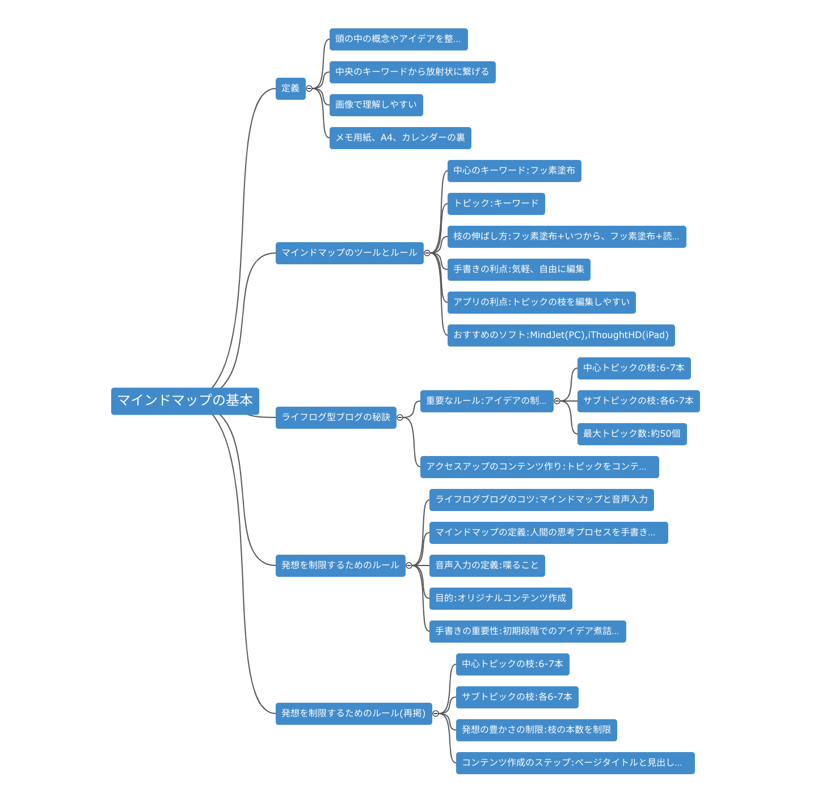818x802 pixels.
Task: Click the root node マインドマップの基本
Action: [x=185, y=401]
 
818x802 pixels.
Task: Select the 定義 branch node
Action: [x=290, y=88]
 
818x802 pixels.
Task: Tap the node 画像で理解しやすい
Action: [x=376, y=105]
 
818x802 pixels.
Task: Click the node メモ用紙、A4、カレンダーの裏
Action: [x=400, y=138]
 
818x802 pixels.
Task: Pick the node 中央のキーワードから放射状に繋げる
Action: [x=412, y=72]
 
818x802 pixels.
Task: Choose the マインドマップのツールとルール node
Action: [x=349, y=253]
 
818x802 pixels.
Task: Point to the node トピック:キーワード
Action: [x=496, y=204]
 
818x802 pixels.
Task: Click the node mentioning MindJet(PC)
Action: [x=561, y=335]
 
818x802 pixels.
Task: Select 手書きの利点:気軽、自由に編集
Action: [x=518, y=269]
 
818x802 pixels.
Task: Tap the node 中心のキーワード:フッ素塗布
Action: [x=514, y=171]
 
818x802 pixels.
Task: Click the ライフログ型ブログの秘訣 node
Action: [x=336, y=417]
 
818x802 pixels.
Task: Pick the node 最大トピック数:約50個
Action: [x=631, y=434]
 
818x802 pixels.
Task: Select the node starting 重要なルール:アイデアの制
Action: [x=486, y=401]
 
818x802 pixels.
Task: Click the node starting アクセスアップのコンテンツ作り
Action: [x=539, y=467]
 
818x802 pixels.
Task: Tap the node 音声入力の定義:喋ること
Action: [x=487, y=565]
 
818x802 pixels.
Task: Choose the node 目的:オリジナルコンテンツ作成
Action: [x=500, y=598]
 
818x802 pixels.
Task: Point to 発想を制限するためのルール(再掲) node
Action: [x=353, y=714]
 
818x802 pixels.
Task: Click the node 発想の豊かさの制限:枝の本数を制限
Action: [x=536, y=730]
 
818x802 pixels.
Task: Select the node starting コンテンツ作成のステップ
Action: [x=575, y=763]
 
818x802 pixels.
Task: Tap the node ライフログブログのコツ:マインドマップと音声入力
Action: [x=541, y=500]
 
